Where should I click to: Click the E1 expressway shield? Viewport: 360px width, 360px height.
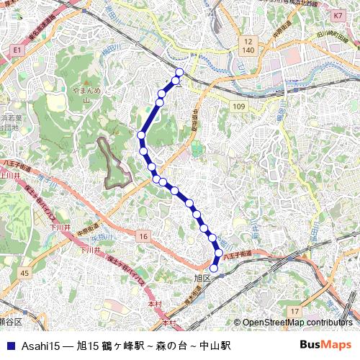click(x=17, y=50)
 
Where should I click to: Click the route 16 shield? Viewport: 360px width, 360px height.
click(x=144, y=237)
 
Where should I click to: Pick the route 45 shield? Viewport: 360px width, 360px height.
click(x=25, y=273)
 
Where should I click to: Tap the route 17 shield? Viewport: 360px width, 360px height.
click(x=294, y=311)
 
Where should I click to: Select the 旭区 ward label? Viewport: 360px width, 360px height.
click(x=202, y=277)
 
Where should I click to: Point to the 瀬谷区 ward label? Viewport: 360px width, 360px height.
click(x=10, y=321)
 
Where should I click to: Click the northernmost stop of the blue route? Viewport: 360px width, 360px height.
click(x=180, y=71)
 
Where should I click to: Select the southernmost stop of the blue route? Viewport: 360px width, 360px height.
click(x=213, y=269)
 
